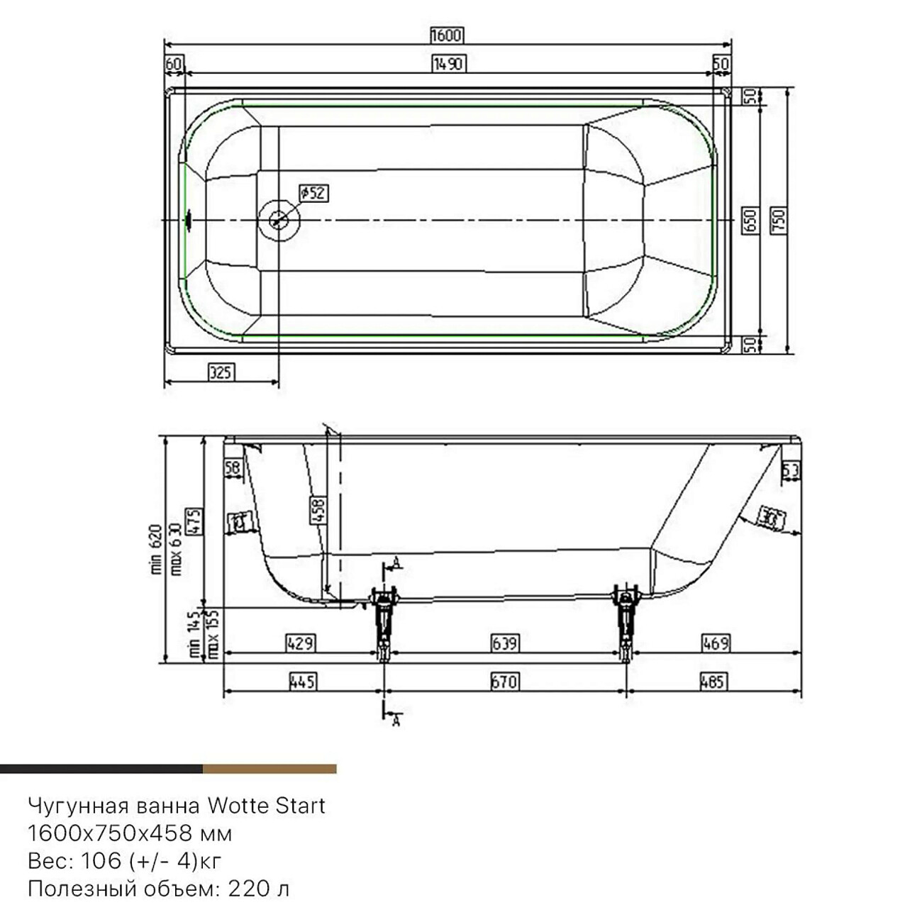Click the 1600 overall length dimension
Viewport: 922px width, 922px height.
(x=446, y=35)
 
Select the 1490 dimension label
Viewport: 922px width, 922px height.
(x=448, y=64)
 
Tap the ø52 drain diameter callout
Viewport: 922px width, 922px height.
(x=313, y=192)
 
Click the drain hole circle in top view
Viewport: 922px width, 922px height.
(x=279, y=220)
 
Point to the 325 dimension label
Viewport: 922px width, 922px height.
(x=221, y=372)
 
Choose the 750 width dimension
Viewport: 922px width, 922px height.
(x=777, y=221)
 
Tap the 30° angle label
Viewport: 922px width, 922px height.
(x=770, y=520)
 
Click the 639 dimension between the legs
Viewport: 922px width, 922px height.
(x=505, y=643)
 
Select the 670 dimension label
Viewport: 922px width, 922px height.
(x=505, y=682)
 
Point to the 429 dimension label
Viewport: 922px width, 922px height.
(x=300, y=643)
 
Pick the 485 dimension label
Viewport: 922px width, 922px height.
(x=712, y=682)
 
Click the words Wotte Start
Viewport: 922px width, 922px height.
(x=266, y=806)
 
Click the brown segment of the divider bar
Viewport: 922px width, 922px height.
(x=269, y=769)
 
